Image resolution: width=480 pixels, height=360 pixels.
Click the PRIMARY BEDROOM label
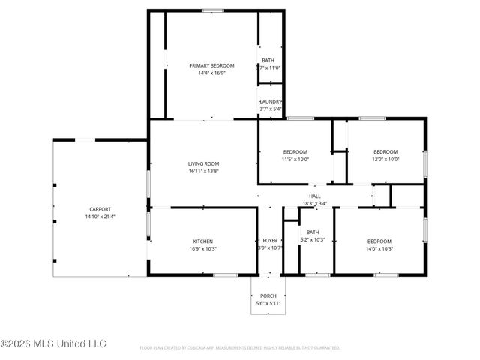coord(212,66)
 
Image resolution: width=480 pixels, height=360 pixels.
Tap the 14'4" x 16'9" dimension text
coord(212,73)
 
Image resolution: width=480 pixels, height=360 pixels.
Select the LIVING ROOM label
coord(203,163)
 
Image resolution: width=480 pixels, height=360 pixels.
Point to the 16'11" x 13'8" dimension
coord(203,172)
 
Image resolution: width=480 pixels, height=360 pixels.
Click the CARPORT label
coord(100,209)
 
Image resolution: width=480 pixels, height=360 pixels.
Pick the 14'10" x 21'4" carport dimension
coord(100,217)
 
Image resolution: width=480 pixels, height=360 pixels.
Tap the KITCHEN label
coord(203,241)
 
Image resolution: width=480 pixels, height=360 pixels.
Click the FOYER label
coord(269,241)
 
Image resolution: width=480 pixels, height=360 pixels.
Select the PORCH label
coord(268,296)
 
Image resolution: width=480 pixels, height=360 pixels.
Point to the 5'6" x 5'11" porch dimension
coord(268,304)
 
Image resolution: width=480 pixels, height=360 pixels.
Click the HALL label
coord(315,196)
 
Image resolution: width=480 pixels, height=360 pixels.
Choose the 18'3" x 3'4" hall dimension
coord(315,203)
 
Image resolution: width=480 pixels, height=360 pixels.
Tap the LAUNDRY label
coord(271,102)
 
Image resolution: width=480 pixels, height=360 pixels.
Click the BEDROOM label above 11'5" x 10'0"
coord(295,151)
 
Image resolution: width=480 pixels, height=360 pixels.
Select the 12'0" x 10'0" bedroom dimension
coord(385,159)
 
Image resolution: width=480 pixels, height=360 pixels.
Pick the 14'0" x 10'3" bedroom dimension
coord(379,248)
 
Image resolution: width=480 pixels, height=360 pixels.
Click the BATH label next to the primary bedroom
coord(268,60)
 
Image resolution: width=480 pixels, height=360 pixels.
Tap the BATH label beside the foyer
coord(313,232)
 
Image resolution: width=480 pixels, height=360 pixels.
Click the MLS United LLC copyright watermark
coord(53,344)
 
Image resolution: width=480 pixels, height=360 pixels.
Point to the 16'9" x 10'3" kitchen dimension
coord(203,248)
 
